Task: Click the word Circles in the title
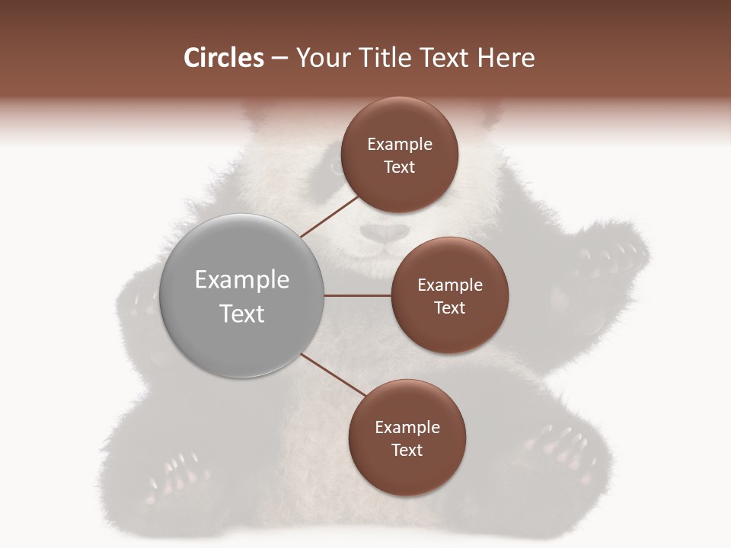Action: tap(223, 58)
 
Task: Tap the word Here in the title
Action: tap(506, 58)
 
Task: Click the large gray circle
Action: tap(241, 295)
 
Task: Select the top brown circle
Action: tap(399, 155)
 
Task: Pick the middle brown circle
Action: tap(449, 295)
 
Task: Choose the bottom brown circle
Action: tap(407, 438)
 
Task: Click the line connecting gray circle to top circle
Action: tap(329, 215)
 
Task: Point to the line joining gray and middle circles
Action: tap(358, 295)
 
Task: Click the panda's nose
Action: tap(383, 233)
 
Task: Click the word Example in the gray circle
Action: tap(241, 279)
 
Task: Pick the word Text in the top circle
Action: tap(399, 167)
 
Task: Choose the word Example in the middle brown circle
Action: tap(449, 285)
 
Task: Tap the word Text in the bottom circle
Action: tap(407, 450)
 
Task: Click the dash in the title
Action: tap(279, 58)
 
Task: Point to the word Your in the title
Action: tap(321, 58)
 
